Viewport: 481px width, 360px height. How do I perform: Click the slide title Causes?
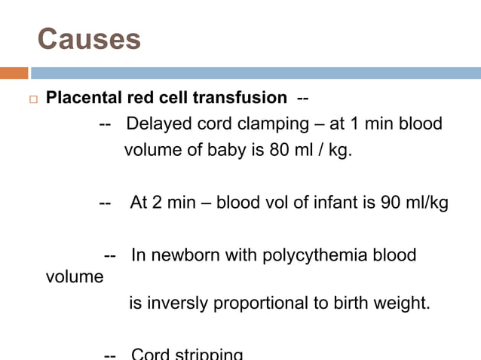(89, 39)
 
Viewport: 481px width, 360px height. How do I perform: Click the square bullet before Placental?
(29, 99)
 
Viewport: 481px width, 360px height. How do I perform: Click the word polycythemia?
(314, 255)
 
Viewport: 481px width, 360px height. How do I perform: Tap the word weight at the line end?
(404, 304)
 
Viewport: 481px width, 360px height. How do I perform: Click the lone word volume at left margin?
(75, 276)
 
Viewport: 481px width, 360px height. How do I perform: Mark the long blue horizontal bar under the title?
(256, 73)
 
